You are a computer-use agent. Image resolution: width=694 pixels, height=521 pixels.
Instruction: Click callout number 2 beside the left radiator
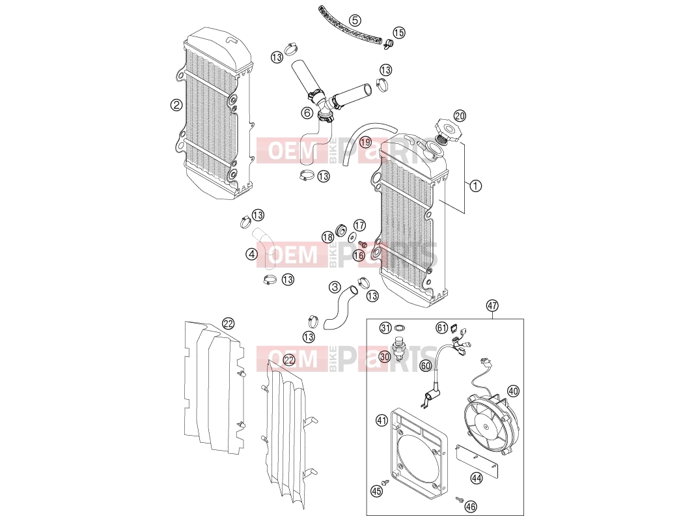pyautogui.click(x=176, y=105)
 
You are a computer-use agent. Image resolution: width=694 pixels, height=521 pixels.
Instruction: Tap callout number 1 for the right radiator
pyautogui.click(x=475, y=186)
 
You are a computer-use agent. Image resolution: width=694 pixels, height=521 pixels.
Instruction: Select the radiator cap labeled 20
pyautogui.click(x=446, y=129)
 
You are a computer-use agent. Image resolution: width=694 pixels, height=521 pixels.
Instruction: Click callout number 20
pyautogui.click(x=460, y=116)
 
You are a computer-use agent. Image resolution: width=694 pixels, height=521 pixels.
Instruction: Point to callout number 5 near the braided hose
pyautogui.click(x=355, y=20)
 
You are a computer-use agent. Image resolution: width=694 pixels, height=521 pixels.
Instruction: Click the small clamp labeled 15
pyautogui.click(x=389, y=43)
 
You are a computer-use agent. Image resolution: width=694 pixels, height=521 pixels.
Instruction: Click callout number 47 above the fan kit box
pyautogui.click(x=492, y=305)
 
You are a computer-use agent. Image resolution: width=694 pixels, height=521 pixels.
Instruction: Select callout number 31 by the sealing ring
pyautogui.click(x=385, y=328)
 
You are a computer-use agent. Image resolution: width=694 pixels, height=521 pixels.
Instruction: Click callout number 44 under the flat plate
pyautogui.click(x=477, y=479)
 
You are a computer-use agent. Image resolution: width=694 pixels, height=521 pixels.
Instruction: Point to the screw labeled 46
pyautogui.click(x=460, y=500)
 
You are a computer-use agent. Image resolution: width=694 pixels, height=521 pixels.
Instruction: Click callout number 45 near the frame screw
pyautogui.click(x=376, y=491)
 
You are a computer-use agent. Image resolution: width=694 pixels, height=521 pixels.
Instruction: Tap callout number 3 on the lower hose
pyautogui.click(x=335, y=287)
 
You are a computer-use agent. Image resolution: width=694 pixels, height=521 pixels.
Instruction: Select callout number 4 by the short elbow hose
pyautogui.click(x=252, y=254)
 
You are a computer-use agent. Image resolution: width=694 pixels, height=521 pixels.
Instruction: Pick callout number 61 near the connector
pyautogui.click(x=441, y=328)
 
